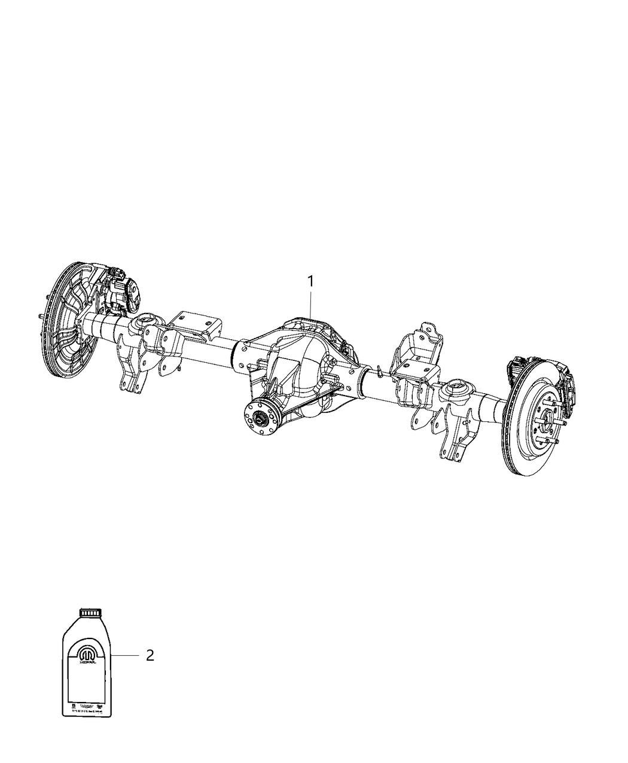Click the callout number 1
[310, 281]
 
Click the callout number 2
[150, 655]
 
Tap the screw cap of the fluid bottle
[91, 612]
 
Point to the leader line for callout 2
[126, 656]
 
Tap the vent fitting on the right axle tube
[380, 371]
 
